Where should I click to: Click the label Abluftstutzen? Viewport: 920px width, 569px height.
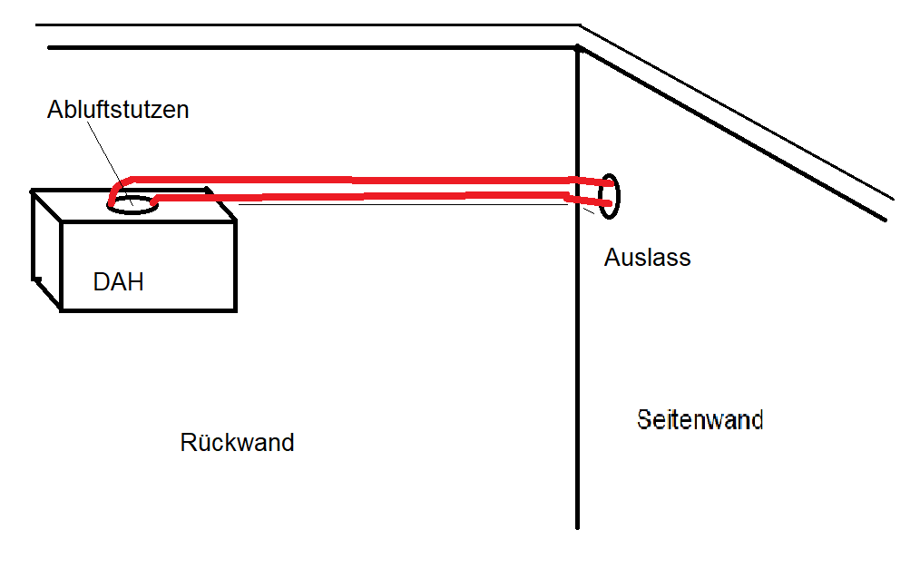pyautogui.click(x=118, y=110)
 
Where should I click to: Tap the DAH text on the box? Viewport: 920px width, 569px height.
pyautogui.click(x=119, y=282)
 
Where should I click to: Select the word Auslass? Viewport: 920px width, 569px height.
pyautogui.click(x=647, y=258)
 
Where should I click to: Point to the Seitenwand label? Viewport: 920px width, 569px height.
pyautogui.click(x=700, y=420)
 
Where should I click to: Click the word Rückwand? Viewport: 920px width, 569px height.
pyautogui.click(x=237, y=443)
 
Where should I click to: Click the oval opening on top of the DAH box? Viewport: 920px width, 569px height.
pyautogui.click(x=132, y=203)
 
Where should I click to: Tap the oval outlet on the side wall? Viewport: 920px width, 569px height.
pyautogui.click(x=611, y=196)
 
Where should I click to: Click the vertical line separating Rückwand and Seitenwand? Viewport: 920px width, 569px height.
pyautogui.click(x=578, y=363)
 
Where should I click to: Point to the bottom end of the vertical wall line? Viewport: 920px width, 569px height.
pyautogui.click(x=578, y=525)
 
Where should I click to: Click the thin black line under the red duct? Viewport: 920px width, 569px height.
pyautogui.click(x=408, y=205)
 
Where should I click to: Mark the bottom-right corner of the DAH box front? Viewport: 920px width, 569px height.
pyautogui.click(x=236, y=309)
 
